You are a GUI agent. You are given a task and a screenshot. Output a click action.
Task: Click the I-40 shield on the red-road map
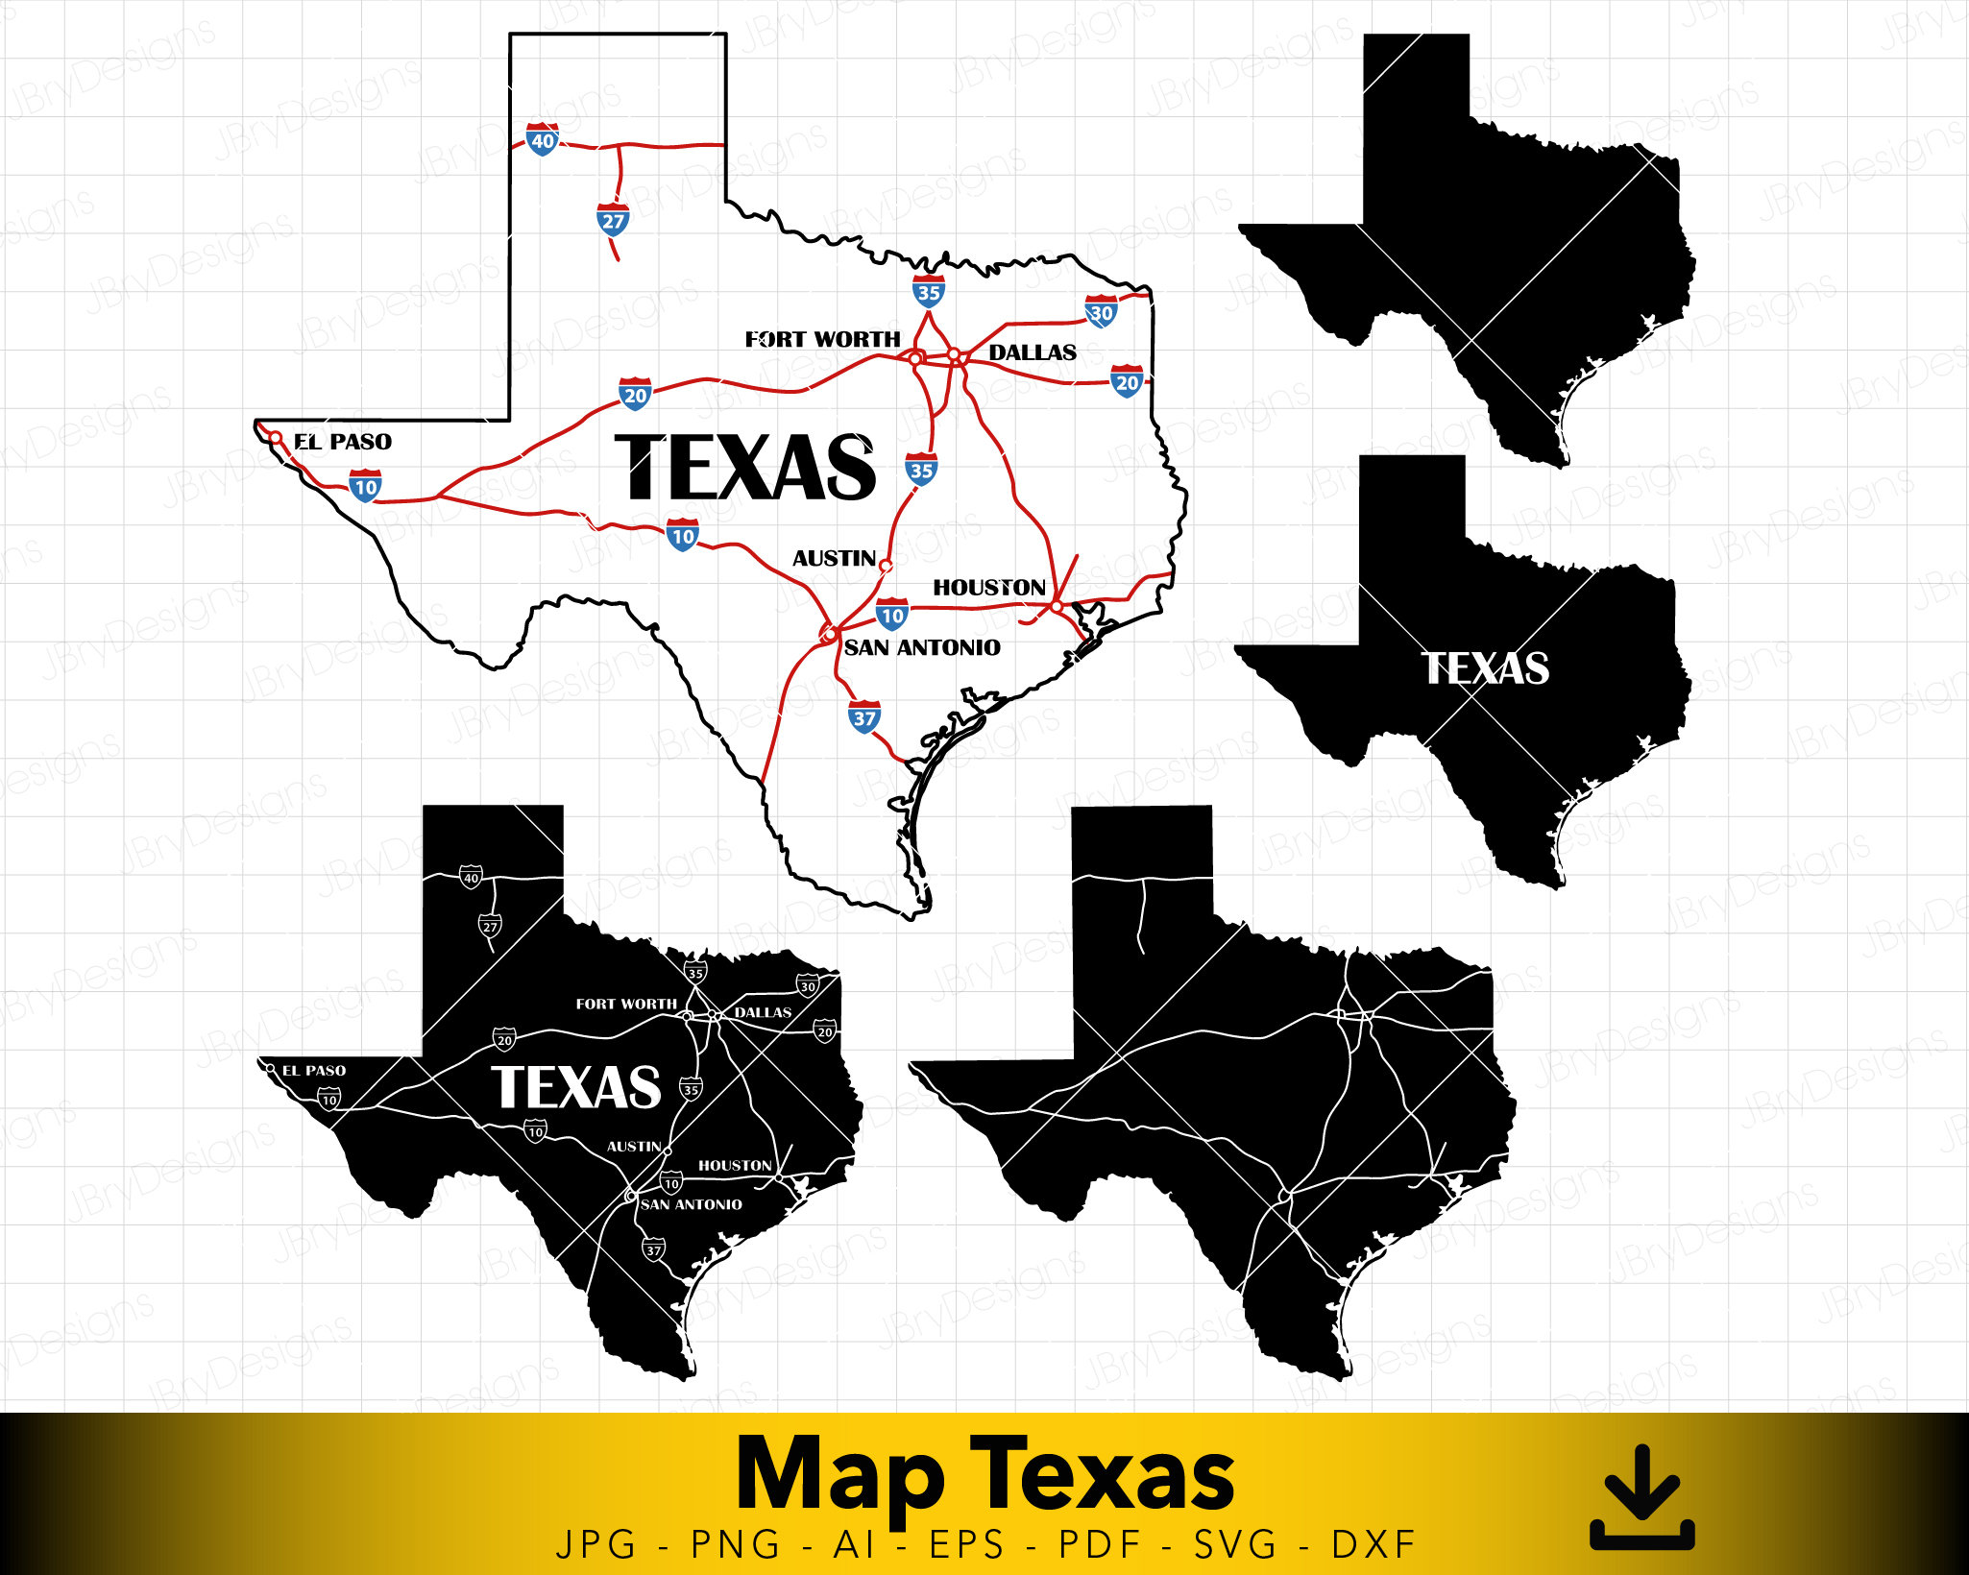tap(543, 139)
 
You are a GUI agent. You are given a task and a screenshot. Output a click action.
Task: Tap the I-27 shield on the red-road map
tap(613, 220)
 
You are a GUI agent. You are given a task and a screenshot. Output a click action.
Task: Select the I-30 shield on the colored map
tap(1101, 311)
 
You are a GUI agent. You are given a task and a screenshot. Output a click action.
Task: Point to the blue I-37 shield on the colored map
tap(864, 716)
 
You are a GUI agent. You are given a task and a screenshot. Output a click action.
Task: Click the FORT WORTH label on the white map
tap(823, 339)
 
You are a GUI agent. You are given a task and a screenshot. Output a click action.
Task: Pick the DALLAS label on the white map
tap(1033, 352)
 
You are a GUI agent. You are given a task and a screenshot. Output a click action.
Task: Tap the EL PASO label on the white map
tap(343, 442)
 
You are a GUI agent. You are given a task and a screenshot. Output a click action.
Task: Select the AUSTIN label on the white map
tap(834, 558)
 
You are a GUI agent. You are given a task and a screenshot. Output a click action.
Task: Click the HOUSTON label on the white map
tap(989, 587)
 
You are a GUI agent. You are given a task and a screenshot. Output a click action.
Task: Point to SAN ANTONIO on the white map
tap(922, 647)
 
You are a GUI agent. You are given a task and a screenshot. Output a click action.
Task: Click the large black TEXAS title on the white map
tap(745, 467)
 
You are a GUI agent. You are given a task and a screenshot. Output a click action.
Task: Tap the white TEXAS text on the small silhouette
tap(1485, 668)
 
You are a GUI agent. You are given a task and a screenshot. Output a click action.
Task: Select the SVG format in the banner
tap(1236, 1545)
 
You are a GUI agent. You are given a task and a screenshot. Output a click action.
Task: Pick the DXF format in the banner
tap(1373, 1545)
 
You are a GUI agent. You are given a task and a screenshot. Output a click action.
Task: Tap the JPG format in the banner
tap(596, 1545)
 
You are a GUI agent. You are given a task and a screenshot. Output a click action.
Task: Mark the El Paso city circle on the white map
tap(275, 438)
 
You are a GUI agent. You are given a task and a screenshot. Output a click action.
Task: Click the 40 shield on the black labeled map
tap(471, 877)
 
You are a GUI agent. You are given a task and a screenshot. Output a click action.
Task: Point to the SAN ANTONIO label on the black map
tap(692, 1204)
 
